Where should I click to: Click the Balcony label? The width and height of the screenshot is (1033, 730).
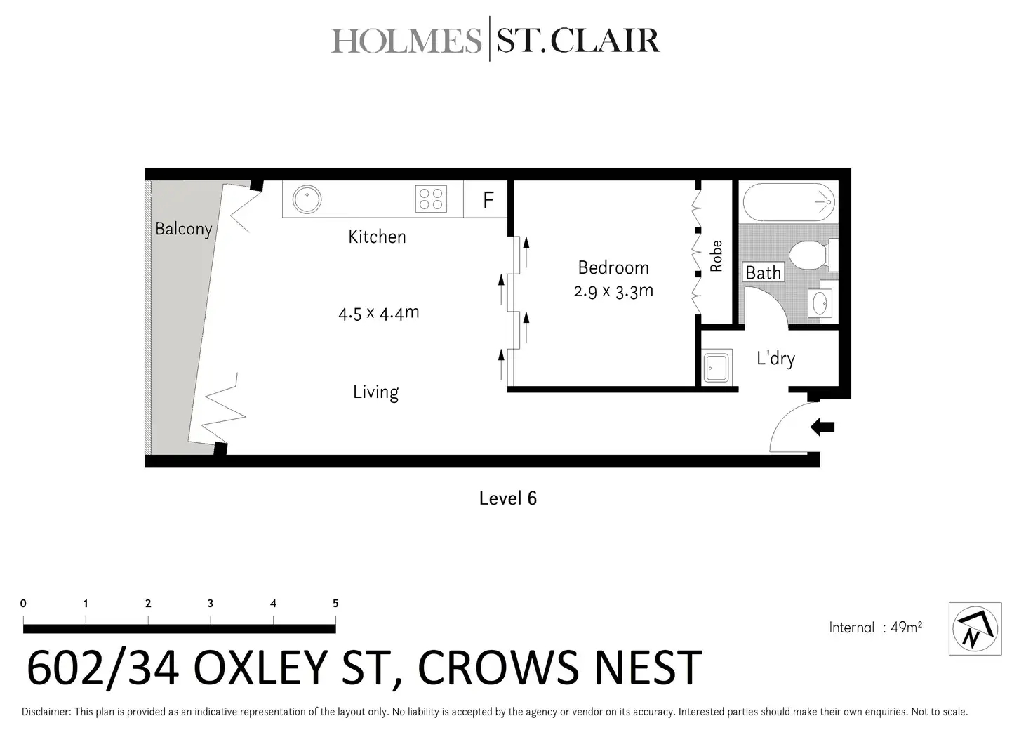pyautogui.click(x=183, y=229)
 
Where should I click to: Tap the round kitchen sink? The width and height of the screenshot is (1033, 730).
pyautogui.click(x=307, y=199)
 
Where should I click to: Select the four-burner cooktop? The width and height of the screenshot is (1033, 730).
pyautogui.click(x=431, y=199)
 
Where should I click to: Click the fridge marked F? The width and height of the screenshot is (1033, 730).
pyautogui.click(x=488, y=200)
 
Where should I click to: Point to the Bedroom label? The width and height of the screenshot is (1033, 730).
pyautogui.click(x=613, y=267)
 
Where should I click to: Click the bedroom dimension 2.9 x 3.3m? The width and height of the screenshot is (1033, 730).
pyautogui.click(x=613, y=291)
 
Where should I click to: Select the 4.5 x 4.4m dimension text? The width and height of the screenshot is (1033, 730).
pyautogui.click(x=378, y=312)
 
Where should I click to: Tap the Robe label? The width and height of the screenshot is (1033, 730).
pyautogui.click(x=716, y=256)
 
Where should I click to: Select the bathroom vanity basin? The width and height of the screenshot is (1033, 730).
pyautogui.click(x=820, y=303)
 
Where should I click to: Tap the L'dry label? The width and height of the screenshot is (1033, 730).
pyautogui.click(x=775, y=359)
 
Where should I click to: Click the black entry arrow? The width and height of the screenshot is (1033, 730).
pyautogui.click(x=822, y=427)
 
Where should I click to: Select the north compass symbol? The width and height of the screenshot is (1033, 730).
pyautogui.click(x=974, y=629)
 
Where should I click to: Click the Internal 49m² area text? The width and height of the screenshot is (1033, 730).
pyautogui.click(x=875, y=628)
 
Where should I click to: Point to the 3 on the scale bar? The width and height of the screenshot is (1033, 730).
pyautogui.click(x=211, y=604)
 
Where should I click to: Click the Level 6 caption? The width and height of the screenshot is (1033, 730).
pyautogui.click(x=507, y=498)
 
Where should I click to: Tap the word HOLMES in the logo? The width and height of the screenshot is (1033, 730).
pyautogui.click(x=406, y=41)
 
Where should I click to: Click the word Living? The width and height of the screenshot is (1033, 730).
pyautogui.click(x=375, y=392)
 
